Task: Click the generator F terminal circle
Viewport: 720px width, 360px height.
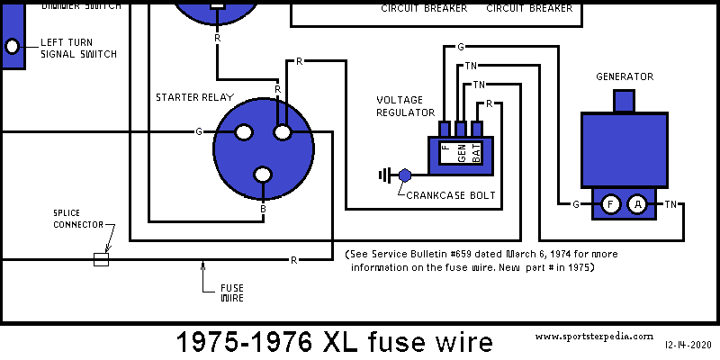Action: coord(610,204)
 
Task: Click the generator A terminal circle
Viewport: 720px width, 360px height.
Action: coord(637,204)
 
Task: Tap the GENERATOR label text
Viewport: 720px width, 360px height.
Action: coord(625,76)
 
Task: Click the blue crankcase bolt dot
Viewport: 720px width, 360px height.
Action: coord(405,175)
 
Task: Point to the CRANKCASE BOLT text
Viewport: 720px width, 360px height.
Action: coord(450,194)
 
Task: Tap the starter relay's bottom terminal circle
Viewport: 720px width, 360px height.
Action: coord(263,175)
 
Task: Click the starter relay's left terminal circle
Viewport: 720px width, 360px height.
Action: coord(242,132)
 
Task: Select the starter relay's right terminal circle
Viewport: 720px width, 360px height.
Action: coord(283,132)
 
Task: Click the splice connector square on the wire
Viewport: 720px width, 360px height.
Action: coord(102,259)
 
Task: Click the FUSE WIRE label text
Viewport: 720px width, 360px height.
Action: coord(233,291)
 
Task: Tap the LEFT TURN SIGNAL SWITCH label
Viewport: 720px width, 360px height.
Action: coord(78,49)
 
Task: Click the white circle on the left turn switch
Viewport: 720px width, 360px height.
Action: coord(13,47)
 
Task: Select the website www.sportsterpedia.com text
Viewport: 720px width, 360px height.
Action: coord(594,335)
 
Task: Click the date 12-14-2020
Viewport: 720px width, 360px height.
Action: coord(688,345)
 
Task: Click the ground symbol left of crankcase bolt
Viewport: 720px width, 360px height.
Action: coord(388,175)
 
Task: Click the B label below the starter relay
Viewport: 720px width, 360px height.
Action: coord(263,208)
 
